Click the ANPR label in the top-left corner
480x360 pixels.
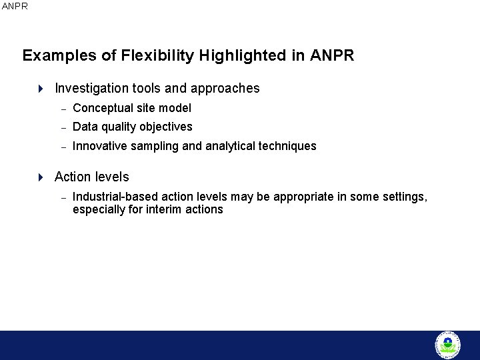[x=15, y=6]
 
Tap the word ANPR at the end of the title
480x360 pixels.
[x=332, y=56]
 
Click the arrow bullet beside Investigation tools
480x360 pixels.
[x=40, y=89]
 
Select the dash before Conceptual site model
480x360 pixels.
[x=63, y=109]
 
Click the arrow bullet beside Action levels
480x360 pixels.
[x=40, y=177]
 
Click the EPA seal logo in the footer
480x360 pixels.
[x=447, y=345]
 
